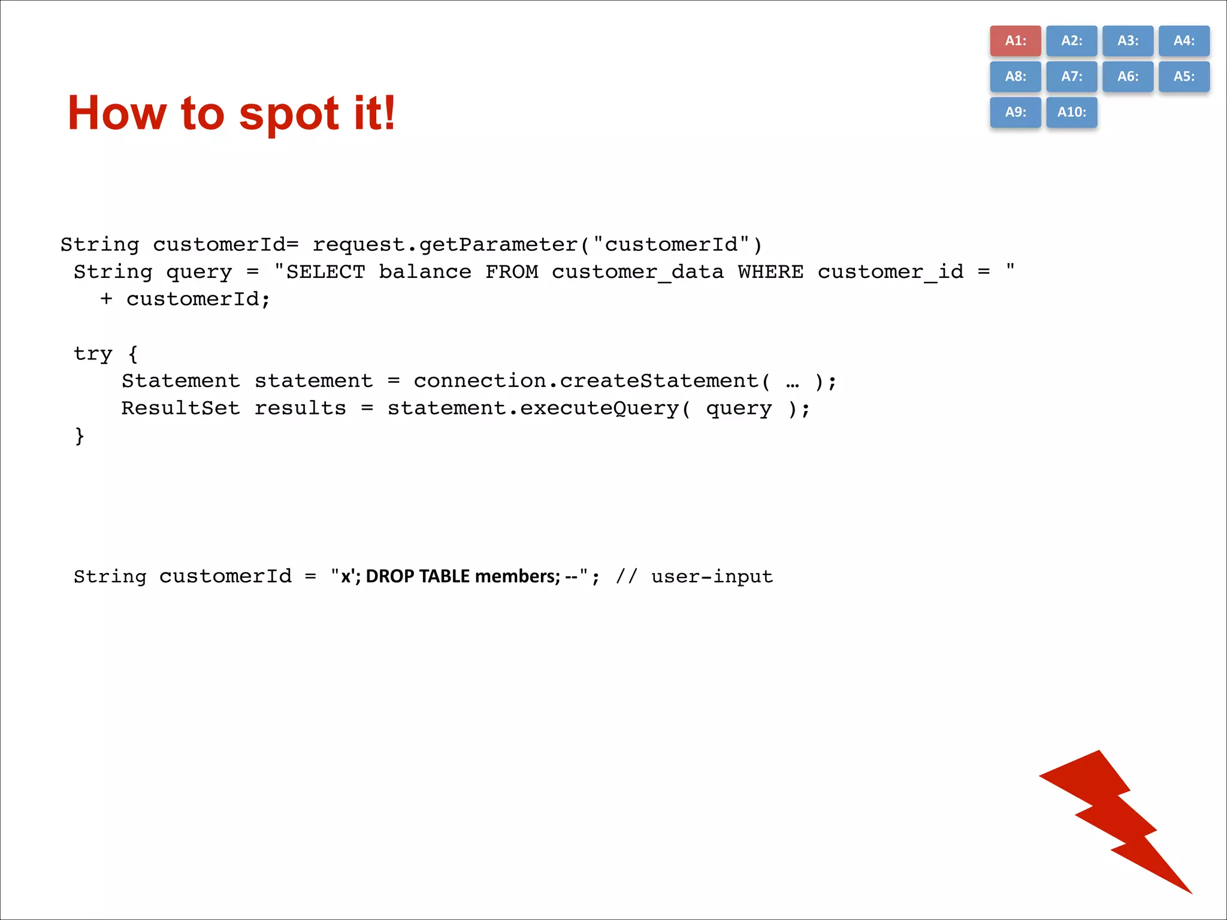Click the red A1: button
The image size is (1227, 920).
[1015, 41]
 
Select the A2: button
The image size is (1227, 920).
[1071, 41]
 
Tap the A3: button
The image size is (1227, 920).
[1128, 41]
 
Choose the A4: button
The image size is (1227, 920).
[1184, 41]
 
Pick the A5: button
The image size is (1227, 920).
[1184, 77]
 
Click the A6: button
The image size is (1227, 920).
[1128, 77]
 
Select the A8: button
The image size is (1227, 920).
[1015, 77]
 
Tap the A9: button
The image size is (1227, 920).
[1015, 112]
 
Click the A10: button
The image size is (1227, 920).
[1071, 112]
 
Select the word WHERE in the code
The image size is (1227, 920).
[770, 272]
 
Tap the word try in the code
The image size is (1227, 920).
[93, 354]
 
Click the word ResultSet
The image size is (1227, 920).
[180, 408]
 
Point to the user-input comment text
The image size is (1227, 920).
[712, 577]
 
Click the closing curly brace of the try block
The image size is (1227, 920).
[79, 435]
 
